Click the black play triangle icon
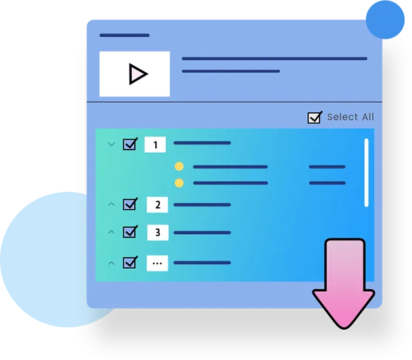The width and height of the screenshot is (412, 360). point(138,74)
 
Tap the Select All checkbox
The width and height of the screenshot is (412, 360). point(314,117)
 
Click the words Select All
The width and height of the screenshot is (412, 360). point(350,117)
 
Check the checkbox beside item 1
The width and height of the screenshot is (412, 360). point(130,144)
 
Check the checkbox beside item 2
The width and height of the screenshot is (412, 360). point(130,205)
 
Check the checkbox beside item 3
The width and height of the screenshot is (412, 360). point(130,232)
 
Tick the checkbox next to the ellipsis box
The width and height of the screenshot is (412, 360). point(130,262)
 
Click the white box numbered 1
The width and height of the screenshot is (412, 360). point(155,144)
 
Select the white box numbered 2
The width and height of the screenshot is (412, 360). point(157,205)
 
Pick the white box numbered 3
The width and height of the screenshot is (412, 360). point(158,233)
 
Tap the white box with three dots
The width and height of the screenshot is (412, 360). point(157,263)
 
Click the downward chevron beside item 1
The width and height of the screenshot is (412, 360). point(111,144)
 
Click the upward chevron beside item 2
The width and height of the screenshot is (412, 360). point(111,204)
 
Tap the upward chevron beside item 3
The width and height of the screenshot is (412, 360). point(111,232)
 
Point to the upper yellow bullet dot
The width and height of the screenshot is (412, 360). point(179,167)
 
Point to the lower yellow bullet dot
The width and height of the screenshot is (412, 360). point(179,183)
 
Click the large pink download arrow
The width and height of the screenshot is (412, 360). point(344,284)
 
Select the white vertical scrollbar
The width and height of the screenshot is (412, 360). point(367,172)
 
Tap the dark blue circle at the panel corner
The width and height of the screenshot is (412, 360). point(385,20)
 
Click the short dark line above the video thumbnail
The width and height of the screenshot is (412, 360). point(124,35)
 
